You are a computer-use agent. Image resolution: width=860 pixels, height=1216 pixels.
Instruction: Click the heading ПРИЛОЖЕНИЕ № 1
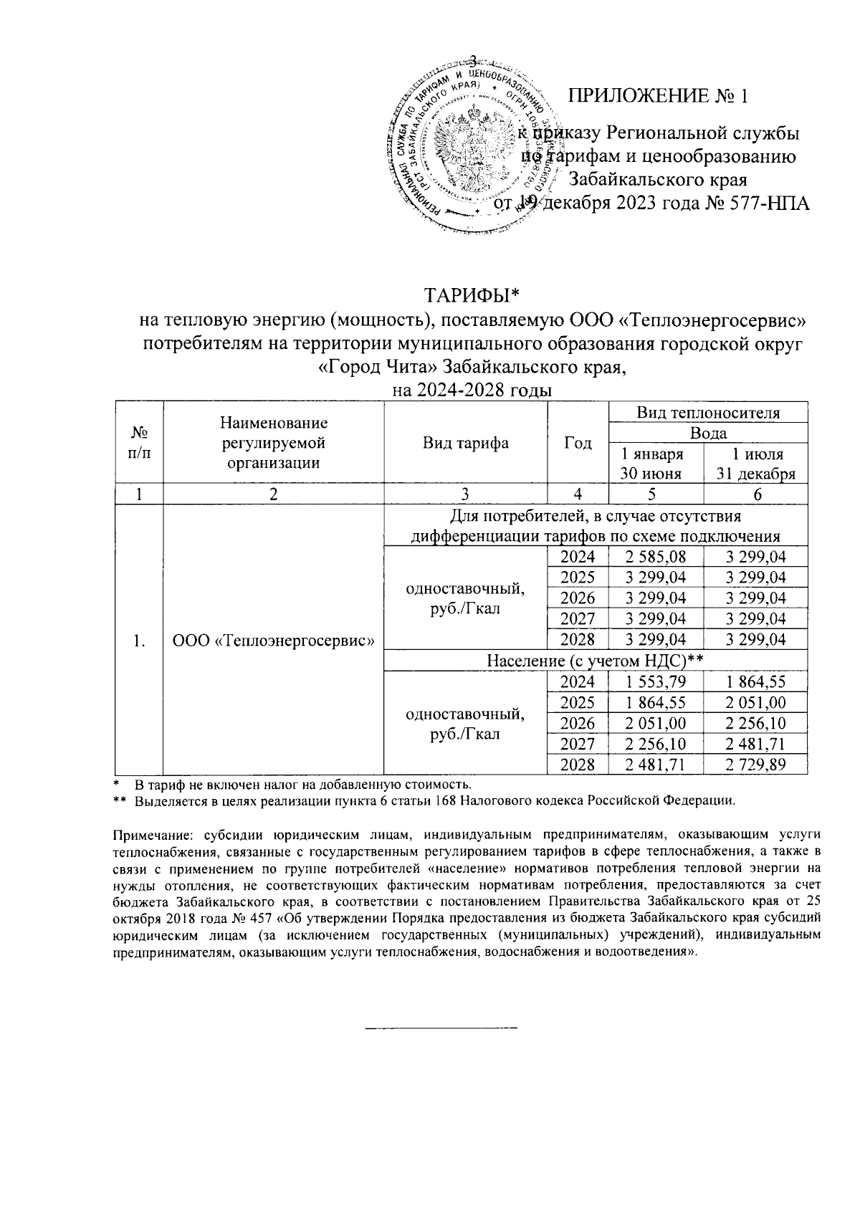tap(658, 96)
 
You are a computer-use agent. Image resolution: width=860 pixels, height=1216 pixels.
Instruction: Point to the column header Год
tap(578, 443)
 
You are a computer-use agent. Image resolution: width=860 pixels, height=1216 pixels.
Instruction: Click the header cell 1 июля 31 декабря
tap(756, 464)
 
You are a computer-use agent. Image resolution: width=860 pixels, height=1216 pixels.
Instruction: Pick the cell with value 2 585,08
tap(655, 557)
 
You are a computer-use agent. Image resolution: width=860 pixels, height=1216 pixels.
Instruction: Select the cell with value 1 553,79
tap(655, 682)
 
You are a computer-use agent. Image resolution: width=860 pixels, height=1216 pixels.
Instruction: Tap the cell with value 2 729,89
tap(756, 765)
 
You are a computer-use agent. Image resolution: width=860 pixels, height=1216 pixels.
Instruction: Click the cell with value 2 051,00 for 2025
tap(756, 703)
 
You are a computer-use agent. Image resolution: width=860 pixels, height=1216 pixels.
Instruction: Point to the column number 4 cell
tap(578, 494)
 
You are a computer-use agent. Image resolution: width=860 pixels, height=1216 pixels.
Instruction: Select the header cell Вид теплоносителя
tap(708, 413)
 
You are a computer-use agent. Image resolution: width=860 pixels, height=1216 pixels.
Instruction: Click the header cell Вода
tap(708, 433)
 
